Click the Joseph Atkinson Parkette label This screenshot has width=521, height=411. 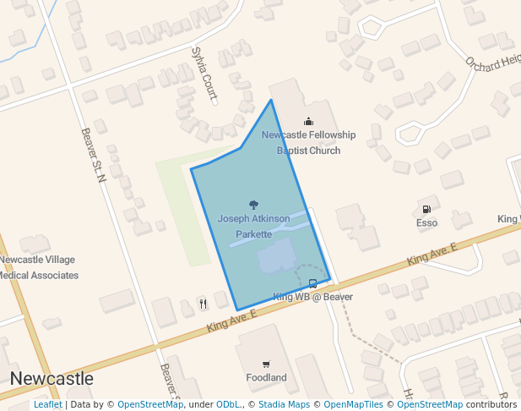[253, 226]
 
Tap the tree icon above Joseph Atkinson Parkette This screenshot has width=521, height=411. [253, 205]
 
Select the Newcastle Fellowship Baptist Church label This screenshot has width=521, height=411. [308, 143]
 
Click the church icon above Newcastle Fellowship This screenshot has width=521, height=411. [308, 121]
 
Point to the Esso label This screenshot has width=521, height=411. [426, 223]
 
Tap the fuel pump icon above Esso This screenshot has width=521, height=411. [426, 209]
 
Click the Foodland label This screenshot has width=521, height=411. [266, 377]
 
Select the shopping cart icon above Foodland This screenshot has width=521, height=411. [266, 364]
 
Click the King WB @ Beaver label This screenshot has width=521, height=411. [312, 297]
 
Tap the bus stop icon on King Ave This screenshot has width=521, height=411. [313, 284]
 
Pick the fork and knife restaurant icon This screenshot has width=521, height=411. [203, 304]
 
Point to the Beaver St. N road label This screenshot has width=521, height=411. [93, 155]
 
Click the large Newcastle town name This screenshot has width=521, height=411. [52, 378]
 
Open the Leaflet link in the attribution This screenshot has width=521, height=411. [47, 405]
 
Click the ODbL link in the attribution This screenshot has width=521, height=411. [227, 405]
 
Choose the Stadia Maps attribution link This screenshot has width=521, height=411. [284, 405]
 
